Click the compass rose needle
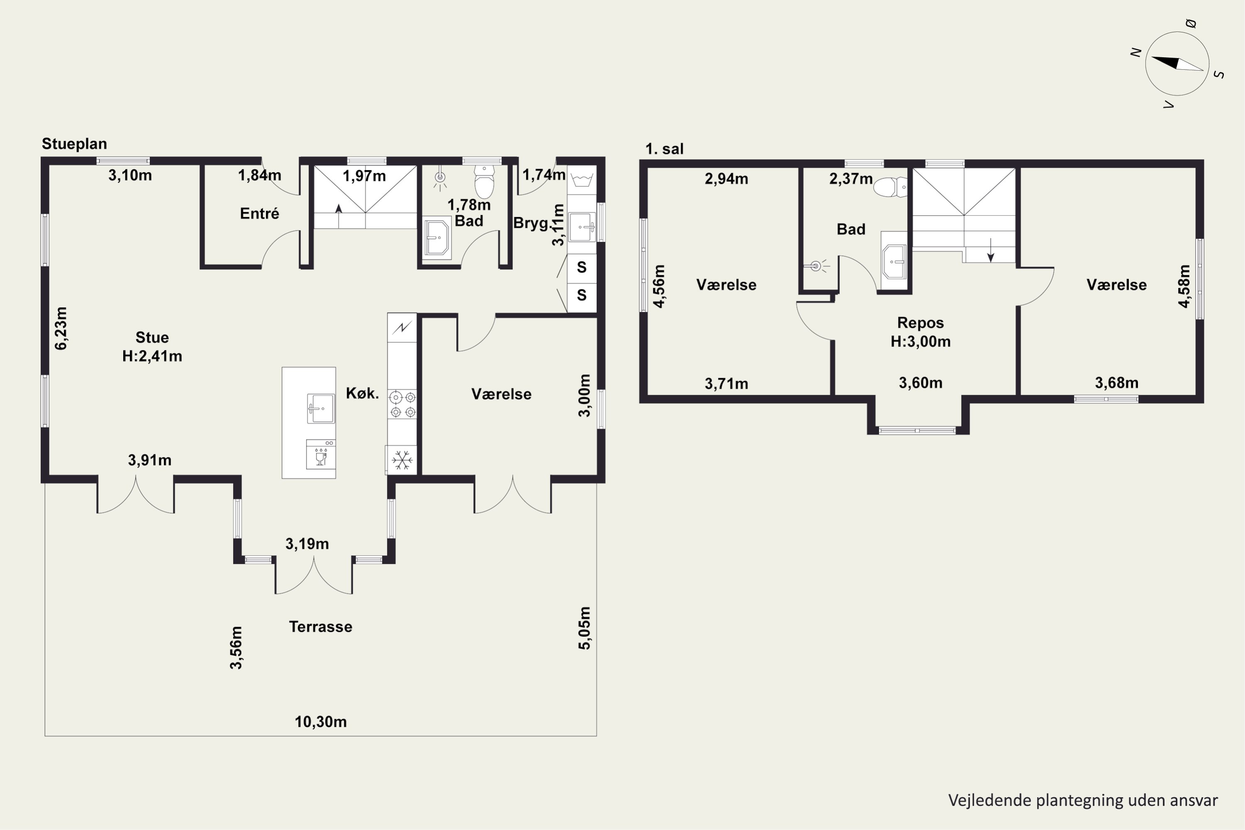tap(1177, 63)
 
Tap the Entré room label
tap(259, 213)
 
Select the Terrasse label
tap(321, 627)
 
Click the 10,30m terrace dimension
tap(321, 722)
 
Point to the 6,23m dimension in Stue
tap(61, 328)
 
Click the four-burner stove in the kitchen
tap(402, 404)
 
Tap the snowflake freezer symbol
tap(402, 459)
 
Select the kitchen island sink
tap(321, 408)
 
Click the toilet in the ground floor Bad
tap(484, 181)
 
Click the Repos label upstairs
tap(920, 322)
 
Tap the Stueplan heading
tap(74, 144)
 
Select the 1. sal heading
tap(664, 149)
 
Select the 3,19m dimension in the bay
tap(307, 544)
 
